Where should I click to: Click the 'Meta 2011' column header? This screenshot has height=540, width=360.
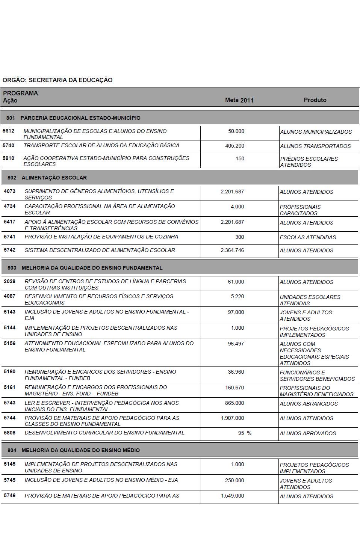239,100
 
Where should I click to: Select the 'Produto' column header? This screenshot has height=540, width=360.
315,100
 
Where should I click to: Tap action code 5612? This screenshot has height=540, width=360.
8,131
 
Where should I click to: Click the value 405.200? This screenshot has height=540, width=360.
234,146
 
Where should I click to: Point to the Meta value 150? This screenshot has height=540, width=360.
240,158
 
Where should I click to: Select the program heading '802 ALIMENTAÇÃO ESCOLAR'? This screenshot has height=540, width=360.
47,178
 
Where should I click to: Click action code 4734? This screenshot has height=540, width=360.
10,206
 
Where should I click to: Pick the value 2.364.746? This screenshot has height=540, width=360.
232,250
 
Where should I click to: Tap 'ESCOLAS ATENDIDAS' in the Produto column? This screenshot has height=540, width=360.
308,237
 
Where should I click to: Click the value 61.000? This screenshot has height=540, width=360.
236,282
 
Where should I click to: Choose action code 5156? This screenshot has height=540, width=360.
10,343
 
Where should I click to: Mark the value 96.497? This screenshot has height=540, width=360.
236,343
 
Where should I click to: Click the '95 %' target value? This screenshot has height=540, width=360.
245,433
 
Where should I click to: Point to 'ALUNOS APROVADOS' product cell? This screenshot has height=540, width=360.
308,433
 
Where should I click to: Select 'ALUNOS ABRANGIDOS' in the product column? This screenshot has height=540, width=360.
309,404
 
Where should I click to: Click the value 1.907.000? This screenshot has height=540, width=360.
232,418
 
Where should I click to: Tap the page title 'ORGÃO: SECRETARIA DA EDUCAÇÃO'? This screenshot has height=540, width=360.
57,80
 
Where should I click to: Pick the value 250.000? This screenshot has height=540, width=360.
234,480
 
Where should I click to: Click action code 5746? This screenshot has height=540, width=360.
10,496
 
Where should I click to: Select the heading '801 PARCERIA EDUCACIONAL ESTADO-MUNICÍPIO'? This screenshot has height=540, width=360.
73,118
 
